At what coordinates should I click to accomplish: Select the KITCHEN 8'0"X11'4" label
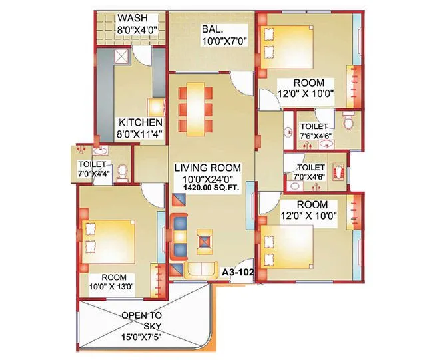coord(140,128)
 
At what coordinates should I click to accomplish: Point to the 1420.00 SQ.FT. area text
coord(208,190)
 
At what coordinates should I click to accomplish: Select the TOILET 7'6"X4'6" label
coord(314,131)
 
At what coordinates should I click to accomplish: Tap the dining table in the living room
coord(198,108)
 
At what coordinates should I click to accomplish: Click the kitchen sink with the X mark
coord(121,59)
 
